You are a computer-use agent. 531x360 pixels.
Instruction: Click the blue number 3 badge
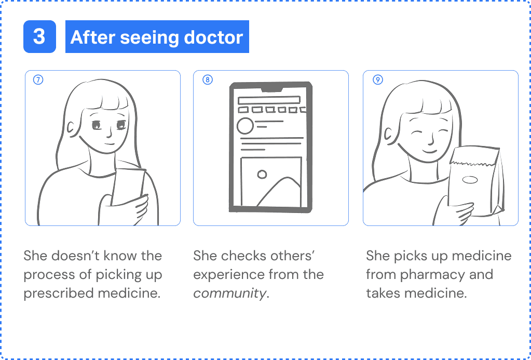point(39,37)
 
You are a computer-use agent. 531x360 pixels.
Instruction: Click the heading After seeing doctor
point(157,37)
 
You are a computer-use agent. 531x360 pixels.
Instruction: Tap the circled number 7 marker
point(38,80)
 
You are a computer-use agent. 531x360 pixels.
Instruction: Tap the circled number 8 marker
point(208,80)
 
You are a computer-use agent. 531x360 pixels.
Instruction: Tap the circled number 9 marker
point(378,80)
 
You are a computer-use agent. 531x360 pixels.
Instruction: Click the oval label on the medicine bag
point(470,180)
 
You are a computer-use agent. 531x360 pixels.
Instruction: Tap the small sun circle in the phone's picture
point(262,174)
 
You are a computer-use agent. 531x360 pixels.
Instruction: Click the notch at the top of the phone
point(271,90)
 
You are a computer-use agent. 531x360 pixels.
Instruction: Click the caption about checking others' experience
point(258,274)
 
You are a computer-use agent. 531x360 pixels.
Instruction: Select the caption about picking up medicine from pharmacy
point(439,274)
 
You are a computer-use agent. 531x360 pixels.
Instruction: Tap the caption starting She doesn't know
point(93,274)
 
